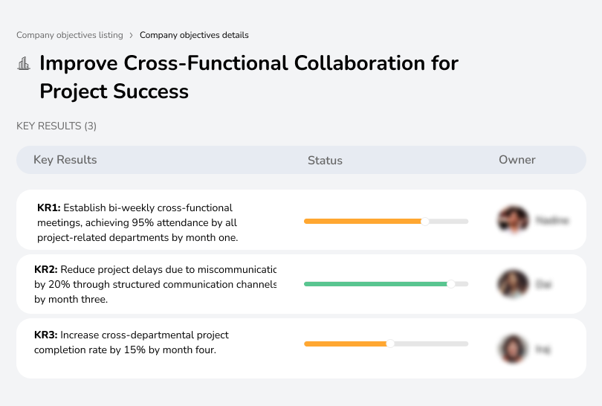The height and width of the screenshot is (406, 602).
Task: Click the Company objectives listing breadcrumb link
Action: coord(69,35)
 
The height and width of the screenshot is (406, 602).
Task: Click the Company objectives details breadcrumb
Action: coord(194,35)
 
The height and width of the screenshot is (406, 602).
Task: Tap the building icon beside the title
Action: coord(24,64)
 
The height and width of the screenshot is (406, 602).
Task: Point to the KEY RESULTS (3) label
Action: coord(56,126)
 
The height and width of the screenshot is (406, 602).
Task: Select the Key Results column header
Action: coord(65,160)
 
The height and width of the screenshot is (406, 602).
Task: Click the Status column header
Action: coord(325,160)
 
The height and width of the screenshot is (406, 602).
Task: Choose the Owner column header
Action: coord(517,160)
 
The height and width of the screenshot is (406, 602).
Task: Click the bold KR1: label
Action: coord(48,208)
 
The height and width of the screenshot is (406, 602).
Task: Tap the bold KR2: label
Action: coord(46,270)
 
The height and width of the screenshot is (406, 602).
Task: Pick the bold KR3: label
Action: coord(46,335)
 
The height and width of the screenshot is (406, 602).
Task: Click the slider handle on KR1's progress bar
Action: coord(425,221)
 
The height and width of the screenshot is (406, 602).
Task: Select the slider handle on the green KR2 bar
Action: coord(450,283)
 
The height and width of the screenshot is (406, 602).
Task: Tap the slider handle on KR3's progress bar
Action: coord(390,344)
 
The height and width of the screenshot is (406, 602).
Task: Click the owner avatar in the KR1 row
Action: coord(512,220)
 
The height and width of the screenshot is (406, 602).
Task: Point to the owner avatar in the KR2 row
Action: coord(512,283)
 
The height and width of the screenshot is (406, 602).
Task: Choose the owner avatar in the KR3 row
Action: coord(512,348)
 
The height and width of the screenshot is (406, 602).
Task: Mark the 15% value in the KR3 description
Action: coord(154,350)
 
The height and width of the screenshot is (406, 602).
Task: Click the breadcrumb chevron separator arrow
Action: coord(132,35)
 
